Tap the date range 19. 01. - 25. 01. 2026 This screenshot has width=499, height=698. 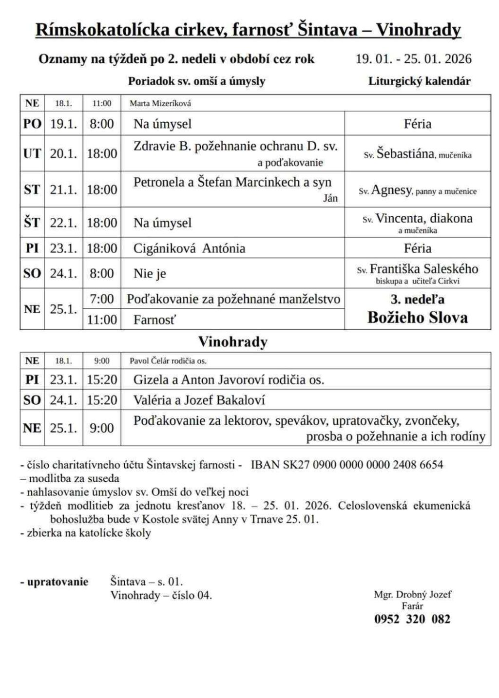coord(414,59)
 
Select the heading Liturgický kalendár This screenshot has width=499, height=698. coord(419,81)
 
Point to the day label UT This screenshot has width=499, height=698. coord(32,154)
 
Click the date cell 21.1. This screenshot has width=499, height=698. coord(63,189)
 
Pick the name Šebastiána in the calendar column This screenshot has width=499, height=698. coord(406,154)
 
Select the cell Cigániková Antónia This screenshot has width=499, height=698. coord(190,248)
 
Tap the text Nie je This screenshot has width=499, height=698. coord(150,274)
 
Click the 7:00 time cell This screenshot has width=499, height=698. coord(102,299)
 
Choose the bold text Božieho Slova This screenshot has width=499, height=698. coord(418,318)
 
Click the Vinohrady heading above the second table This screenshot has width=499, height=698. coord(232,342)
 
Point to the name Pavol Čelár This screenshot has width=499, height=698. coord(150,361)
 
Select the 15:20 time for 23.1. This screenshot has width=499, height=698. coord(102,379)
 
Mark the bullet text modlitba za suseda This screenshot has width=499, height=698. coord(74,478)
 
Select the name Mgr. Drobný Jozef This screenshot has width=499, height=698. coord(412,594)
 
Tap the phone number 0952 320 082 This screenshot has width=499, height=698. coord(412,619)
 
